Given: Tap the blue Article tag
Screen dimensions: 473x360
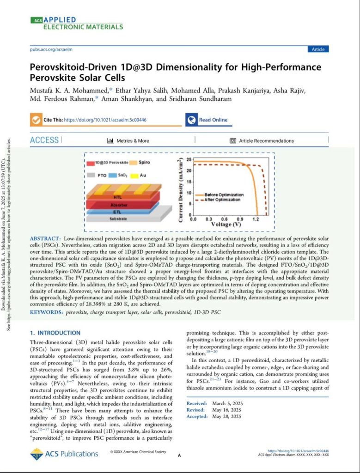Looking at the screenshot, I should point(318,49).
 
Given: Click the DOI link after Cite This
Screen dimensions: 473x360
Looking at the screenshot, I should point(105,120).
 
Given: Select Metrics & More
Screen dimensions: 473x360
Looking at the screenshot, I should point(128,140).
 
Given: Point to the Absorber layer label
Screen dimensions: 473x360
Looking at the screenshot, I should point(122,204).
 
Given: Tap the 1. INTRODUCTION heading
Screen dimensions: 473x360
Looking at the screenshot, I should point(55,333).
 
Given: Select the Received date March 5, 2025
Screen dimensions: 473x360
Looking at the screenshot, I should point(230,403).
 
